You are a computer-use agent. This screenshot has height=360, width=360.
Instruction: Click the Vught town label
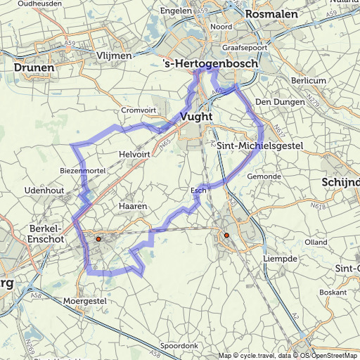click(x=196, y=117)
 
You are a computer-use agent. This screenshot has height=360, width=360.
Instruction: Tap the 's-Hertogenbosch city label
click(x=210, y=64)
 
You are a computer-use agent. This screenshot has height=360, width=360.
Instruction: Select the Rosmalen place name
click(x=271, y=13)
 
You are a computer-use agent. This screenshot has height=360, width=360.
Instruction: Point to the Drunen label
click(x=34, y=68)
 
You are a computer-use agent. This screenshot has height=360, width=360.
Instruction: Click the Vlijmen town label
click(x=115, y=56)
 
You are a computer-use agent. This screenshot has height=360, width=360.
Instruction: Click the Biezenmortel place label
click(x=82, y=170)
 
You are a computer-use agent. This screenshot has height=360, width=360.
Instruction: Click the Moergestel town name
click(x=84, y=300)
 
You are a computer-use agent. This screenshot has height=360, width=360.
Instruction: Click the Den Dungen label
click(x=273, y=102)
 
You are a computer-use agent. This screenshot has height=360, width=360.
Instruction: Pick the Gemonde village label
click(x=264, y=176)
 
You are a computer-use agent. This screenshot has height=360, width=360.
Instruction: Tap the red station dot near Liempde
click(x=226, y=235)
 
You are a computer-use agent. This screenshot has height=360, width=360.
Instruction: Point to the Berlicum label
click(x=309, y=81)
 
